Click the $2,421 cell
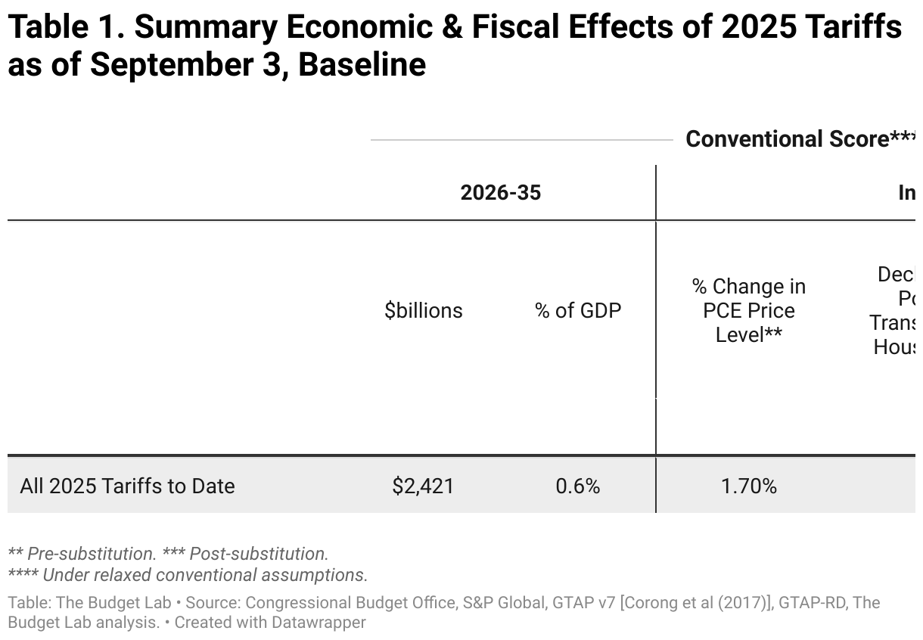click(423, 486)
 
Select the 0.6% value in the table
click(577, 486)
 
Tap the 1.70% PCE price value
click(748, 486)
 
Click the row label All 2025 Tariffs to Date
click(127, 486)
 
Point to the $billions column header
click(423, 310)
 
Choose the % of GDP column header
click(577, 310)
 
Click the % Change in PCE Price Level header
click(748, 310)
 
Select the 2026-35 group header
click(500, 193)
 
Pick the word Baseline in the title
click(362, 65)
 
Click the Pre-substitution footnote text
click(92, 554)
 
